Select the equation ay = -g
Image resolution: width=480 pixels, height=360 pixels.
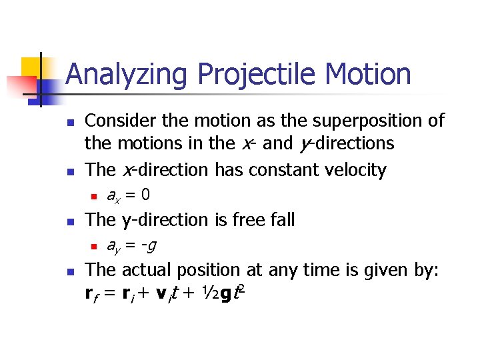point(131,245)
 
